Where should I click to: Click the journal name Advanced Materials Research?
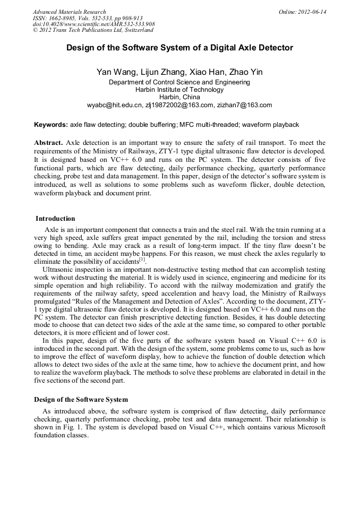(70, 12)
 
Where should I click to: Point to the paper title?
(179, 48)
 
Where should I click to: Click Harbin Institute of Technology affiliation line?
(179, 90)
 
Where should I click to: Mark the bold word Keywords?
(51, 125)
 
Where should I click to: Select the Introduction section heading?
(55, 219)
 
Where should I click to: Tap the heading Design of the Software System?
(81, 399)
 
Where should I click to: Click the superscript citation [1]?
(142, 260)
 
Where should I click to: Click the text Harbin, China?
(179, 97)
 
